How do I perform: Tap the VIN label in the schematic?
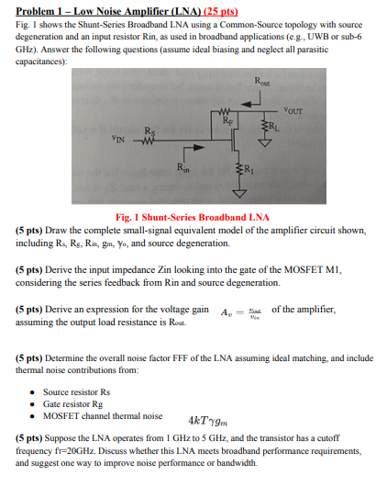118,141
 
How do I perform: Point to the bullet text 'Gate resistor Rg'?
76,403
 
